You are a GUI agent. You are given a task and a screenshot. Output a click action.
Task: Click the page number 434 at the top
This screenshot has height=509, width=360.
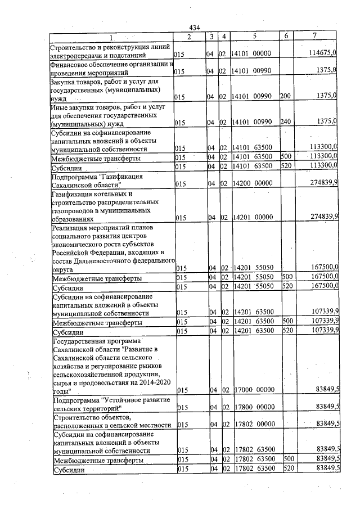tap(195, 28)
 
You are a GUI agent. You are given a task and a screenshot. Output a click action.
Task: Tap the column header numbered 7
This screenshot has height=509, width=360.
tap(318, 36)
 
